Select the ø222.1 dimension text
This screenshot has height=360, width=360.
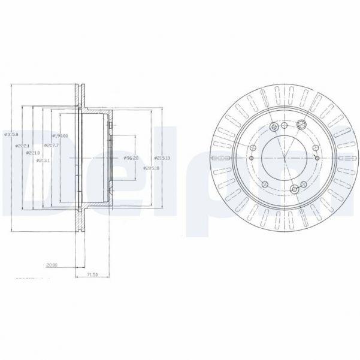tap(23, 145)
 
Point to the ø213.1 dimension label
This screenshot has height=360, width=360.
tap(41, 161)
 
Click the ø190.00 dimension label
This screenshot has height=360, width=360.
tap(59, 136)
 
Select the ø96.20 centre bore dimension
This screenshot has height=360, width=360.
tap(131, 158)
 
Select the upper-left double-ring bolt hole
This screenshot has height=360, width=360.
tap(274, 127)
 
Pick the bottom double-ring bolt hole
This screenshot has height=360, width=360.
tap(294, 190)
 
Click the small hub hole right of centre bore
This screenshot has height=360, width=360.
tap(315, 158)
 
